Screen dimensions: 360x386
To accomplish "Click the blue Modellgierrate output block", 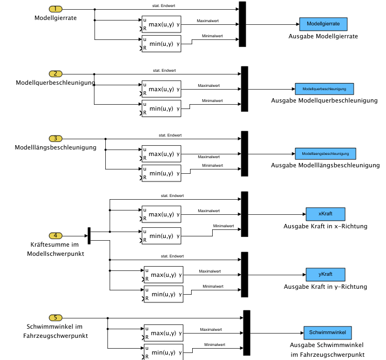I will tap(323, 24).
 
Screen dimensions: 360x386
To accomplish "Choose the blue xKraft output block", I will tap(325, 214).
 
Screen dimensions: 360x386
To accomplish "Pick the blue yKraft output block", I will tap(325, 274).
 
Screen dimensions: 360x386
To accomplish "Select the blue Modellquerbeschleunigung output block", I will tap(324, 89).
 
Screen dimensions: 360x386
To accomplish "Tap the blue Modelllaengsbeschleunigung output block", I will tap(325, 153).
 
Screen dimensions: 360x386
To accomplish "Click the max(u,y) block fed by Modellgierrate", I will tap(161, 24).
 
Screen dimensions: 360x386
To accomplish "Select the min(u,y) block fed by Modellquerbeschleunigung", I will tap(161, 108).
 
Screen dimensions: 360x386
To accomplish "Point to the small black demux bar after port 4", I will tap(89, 235).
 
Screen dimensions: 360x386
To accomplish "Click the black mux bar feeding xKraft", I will tap(244, 214).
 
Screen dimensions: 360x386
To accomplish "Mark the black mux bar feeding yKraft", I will tap(244, 274).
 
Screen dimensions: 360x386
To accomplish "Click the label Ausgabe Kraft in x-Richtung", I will tap(325, 226).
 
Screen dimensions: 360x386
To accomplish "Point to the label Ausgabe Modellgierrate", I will tap(323, 36).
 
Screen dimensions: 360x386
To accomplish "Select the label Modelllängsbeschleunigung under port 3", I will tap(55, 147).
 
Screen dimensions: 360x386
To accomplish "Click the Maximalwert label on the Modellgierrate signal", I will tap(208, 21).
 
